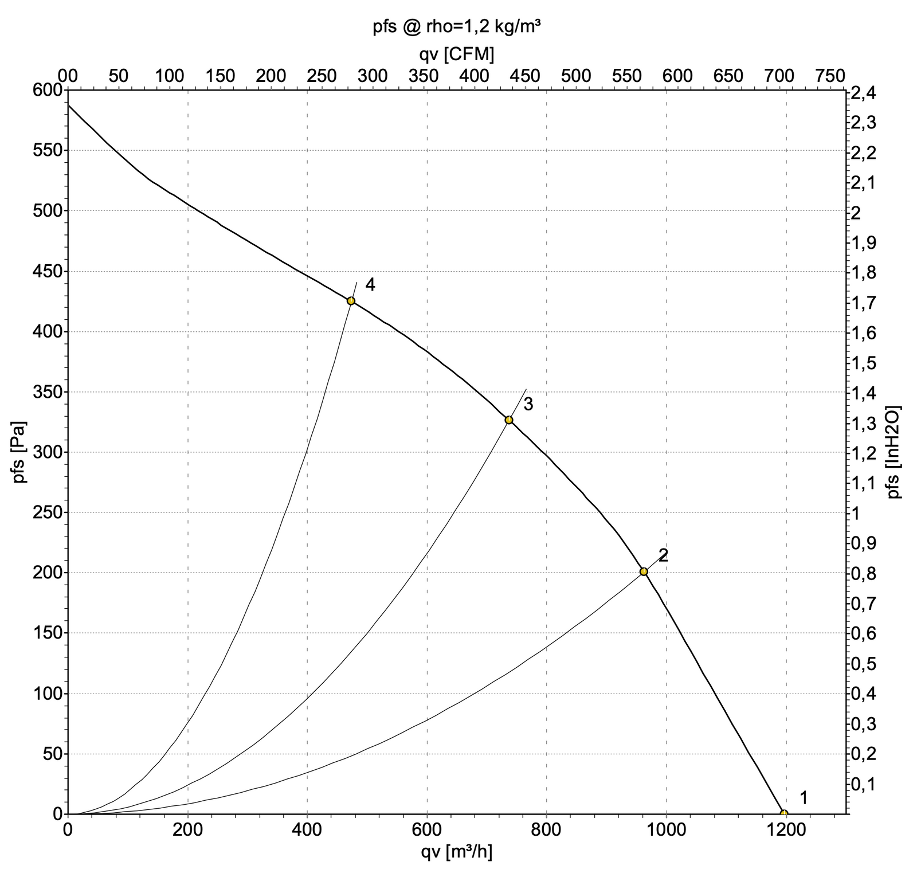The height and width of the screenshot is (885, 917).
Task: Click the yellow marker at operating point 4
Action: coord(351,301)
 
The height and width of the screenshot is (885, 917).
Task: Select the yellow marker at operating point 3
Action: coord(509,420)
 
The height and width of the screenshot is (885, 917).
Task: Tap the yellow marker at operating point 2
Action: coord(644,571)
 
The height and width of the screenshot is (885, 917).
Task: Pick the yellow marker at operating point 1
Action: coord(784,813)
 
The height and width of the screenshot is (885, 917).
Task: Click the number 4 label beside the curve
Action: coord(370,284)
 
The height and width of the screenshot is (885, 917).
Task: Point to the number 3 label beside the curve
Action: coord(528,404)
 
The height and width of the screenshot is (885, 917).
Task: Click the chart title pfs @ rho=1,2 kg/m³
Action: coord(457,27)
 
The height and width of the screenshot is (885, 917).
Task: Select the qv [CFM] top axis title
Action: coord(457,54)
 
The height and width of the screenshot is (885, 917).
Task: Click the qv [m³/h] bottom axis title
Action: coord(457,852)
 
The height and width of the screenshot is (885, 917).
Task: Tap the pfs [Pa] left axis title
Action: coord(19,453)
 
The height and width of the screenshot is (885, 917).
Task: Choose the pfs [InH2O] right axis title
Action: coord(894,452)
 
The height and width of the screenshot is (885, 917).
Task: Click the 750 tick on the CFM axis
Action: coord(830,76)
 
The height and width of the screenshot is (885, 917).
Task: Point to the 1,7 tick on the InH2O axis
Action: coord(864,302)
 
